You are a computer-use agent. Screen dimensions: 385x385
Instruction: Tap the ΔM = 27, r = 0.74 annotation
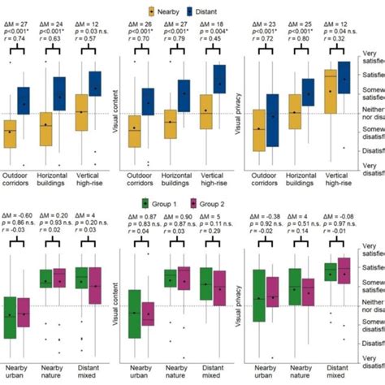coord(16,32)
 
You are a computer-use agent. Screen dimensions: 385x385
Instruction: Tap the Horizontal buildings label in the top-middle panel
coord(177,180)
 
